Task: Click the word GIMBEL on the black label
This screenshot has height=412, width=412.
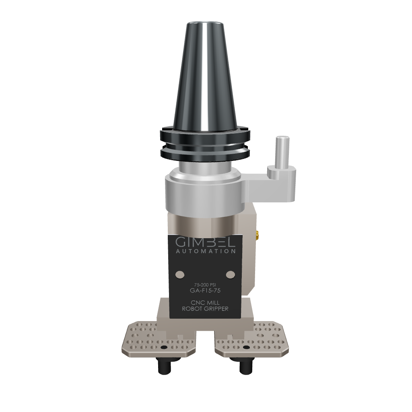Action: point(205,242)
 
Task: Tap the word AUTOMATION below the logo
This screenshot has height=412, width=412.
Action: point(205,251)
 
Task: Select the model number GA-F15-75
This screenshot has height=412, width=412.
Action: point(205,290)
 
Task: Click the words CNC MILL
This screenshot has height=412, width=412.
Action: point(205,302)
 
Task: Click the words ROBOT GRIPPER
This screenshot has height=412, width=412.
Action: point(205,309)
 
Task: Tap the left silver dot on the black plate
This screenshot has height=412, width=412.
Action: point(180,274)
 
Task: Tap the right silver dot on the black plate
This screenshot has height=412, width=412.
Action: point(230,274)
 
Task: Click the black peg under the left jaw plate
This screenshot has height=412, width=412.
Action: point(164,366)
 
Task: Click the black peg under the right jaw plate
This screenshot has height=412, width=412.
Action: point(244,366)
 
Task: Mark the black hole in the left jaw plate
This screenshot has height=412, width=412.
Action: point(163,347)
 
